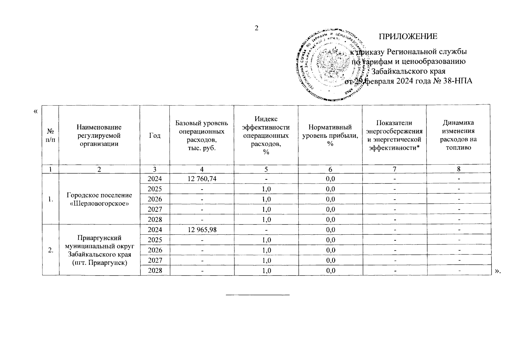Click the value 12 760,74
coord(202,179)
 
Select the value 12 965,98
coord(202,230)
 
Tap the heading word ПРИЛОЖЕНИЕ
coord(408,36)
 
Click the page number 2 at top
coord(256,28)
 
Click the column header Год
coord(155,135)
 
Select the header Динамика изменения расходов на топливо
coord(458,135)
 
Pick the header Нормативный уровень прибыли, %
coord(330,135)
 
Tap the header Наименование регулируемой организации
coord(99,135)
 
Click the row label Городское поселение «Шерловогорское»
coord(99,199)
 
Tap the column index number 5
coord(266,169)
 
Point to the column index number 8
coord(458,169)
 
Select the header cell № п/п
coord(51,135)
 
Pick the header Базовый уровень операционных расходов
coord(202,135)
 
